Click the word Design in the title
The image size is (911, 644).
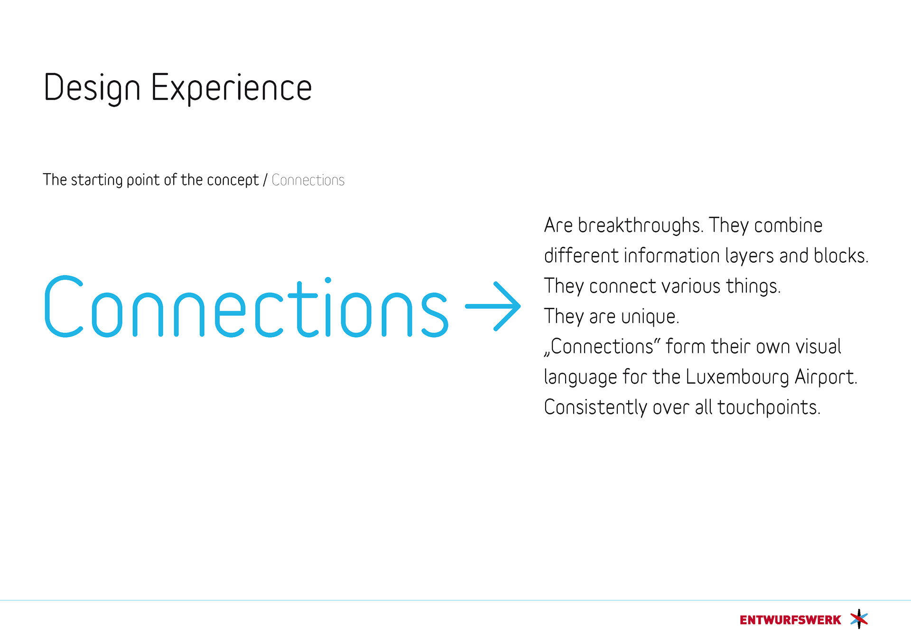tap(92, 88)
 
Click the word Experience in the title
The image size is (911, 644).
tap(232, 88)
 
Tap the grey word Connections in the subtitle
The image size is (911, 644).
tap(308, 180)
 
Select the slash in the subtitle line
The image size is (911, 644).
tap(265, 180)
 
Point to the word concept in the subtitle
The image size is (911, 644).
tap(232, 181)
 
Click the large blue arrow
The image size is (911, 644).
tap(493, 306)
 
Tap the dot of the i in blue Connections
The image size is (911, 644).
tap(328, 280)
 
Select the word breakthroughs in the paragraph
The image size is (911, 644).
tap(640, 226)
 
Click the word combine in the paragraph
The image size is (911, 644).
tap(788, 225)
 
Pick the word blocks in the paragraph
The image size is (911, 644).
tap(841, 256)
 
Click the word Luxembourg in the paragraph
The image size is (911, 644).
tap(737, 377)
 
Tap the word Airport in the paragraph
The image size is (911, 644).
tap(826, 377)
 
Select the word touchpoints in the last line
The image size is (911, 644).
tap(769, 408)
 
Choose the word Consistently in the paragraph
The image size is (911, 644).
tap(595, 407)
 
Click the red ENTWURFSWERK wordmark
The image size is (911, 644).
tap(790, 620)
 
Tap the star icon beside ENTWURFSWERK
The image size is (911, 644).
tap(859, 619)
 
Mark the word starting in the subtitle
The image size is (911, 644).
tap(97, 181)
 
